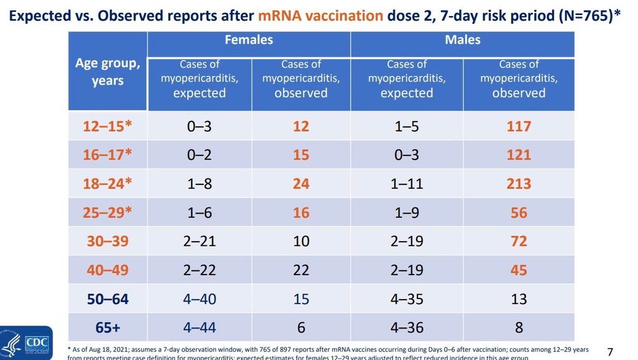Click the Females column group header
point(249,40)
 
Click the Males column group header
point(462,40)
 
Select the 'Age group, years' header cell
point(108,72)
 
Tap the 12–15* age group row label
point(108,126)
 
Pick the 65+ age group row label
point(108,327)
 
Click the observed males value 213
point(518,184)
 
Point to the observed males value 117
point(518,126)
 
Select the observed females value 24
point(301,184)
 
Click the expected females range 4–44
point(199,327)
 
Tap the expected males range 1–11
point(406,184)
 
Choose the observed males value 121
point(518,154)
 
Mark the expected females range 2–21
point(199,241)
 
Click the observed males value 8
point(518,327)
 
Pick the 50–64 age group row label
point(108,299)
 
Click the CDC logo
point(26,343)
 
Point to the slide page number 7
point(610,352)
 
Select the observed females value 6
point(301,327)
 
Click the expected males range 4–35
point(406,299)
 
